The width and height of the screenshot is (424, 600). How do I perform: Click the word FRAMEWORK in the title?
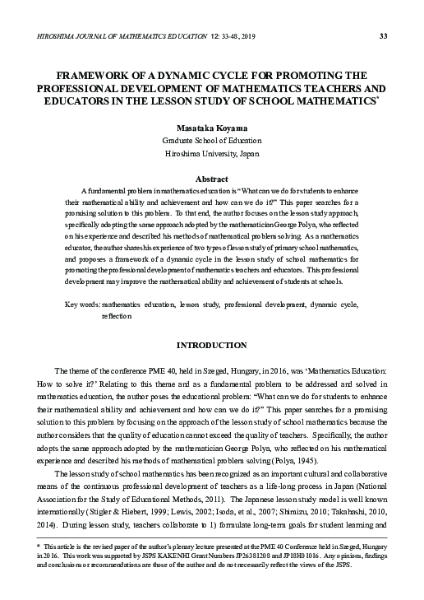tap(90, 75)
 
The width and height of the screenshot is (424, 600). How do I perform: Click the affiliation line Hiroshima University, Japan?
tap(211, 155)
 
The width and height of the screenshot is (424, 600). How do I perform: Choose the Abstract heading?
tap(211, 179)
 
